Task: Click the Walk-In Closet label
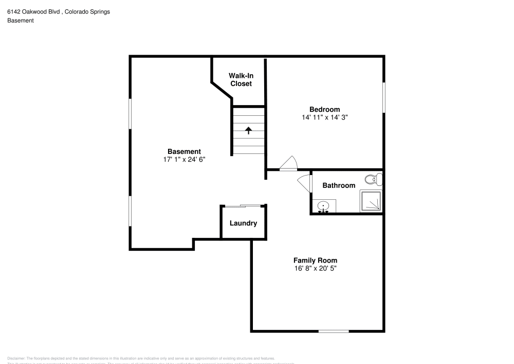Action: (241, 79)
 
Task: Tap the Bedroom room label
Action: (324, 109)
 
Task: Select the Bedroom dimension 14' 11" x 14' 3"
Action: (324, 117)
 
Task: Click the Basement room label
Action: (184, 151)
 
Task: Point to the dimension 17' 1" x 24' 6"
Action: (184, 160)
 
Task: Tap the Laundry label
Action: (243, 223)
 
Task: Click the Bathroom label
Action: (338, 185)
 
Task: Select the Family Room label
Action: (315, 261)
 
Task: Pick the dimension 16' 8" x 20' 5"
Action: (315, 269)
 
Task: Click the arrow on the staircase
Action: (248, 130)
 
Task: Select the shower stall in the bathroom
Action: (371, 201)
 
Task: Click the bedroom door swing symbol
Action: (288, 163)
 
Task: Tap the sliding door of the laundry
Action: (243, 206)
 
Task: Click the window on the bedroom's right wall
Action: (383, 97)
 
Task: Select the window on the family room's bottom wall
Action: (334, 331)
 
